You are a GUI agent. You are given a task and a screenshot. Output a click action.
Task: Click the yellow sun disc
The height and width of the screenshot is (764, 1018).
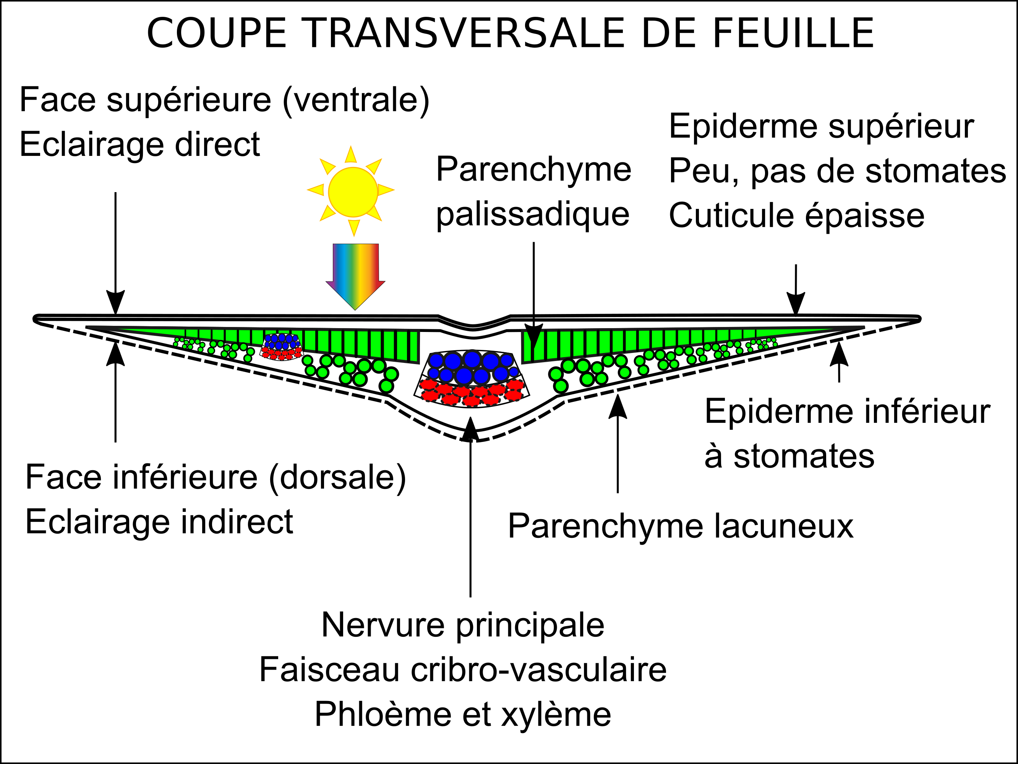point(353,192)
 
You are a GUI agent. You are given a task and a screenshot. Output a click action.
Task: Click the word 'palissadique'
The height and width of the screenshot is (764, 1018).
point(532,214)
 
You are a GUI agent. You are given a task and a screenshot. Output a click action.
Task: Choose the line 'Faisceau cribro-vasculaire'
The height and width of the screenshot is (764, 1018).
point(462,670)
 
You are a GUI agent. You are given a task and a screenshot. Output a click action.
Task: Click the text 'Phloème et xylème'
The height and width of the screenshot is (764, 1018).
point(462,714)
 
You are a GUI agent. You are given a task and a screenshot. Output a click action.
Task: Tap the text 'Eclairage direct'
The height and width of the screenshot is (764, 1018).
point(139,144)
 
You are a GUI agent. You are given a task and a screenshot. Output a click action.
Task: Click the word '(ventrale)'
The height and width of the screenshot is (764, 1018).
point(356,100)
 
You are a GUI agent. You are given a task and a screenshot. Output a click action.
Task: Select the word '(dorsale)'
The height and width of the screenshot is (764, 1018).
point(337,477)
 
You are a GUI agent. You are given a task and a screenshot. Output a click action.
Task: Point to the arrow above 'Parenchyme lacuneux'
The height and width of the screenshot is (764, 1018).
point(618,442)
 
